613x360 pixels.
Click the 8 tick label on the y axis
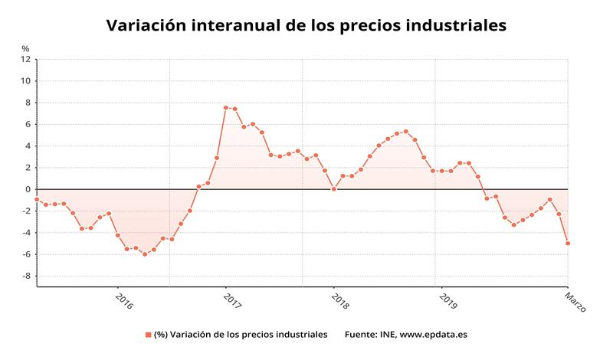tap(28, 103)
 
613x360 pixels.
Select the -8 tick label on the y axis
tap(25, 277)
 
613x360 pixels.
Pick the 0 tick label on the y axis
tap(28, 189)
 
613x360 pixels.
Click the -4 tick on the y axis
tap(25, 233)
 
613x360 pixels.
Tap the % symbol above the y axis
tap(25, 48)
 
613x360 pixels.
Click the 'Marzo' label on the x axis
tap(575, 301)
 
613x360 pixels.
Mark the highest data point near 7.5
tap(225, 107)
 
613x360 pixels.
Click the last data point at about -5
tap(568, 244)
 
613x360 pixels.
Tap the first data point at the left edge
tap(37, 199)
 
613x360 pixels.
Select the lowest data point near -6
tap(145, 254)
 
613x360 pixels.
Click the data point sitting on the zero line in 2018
tap(333, 188)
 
